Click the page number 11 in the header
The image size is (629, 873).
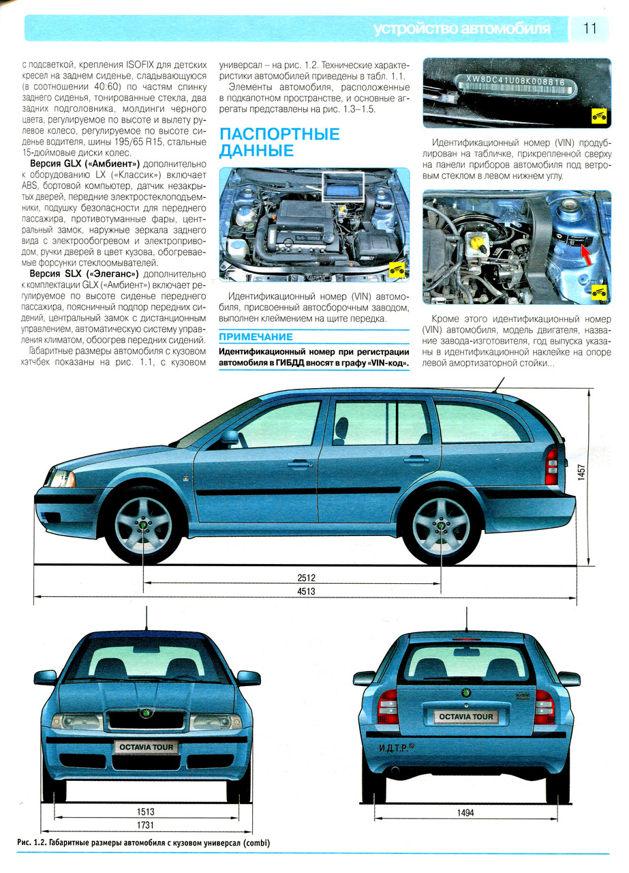pyautogui.click(x=590, y=29)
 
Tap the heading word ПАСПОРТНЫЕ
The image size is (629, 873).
pyautogui.click(x=279, y=134)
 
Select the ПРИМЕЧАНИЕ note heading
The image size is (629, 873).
pyautogui.click(x=256, y=337)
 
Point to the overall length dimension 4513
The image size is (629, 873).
pyautogui.click(x=307, y=591)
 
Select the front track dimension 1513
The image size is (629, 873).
pyautogui.click(x=146, y=812)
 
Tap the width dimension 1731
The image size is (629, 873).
pyautogui.click(x=146, y=825)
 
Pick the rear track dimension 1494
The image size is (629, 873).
pyautogui.click(x=466, y=812)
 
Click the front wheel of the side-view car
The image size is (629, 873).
pyautogui.click(x=143, y=524)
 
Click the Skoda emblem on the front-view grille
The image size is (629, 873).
pyautogui.click(x=145, y=713)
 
